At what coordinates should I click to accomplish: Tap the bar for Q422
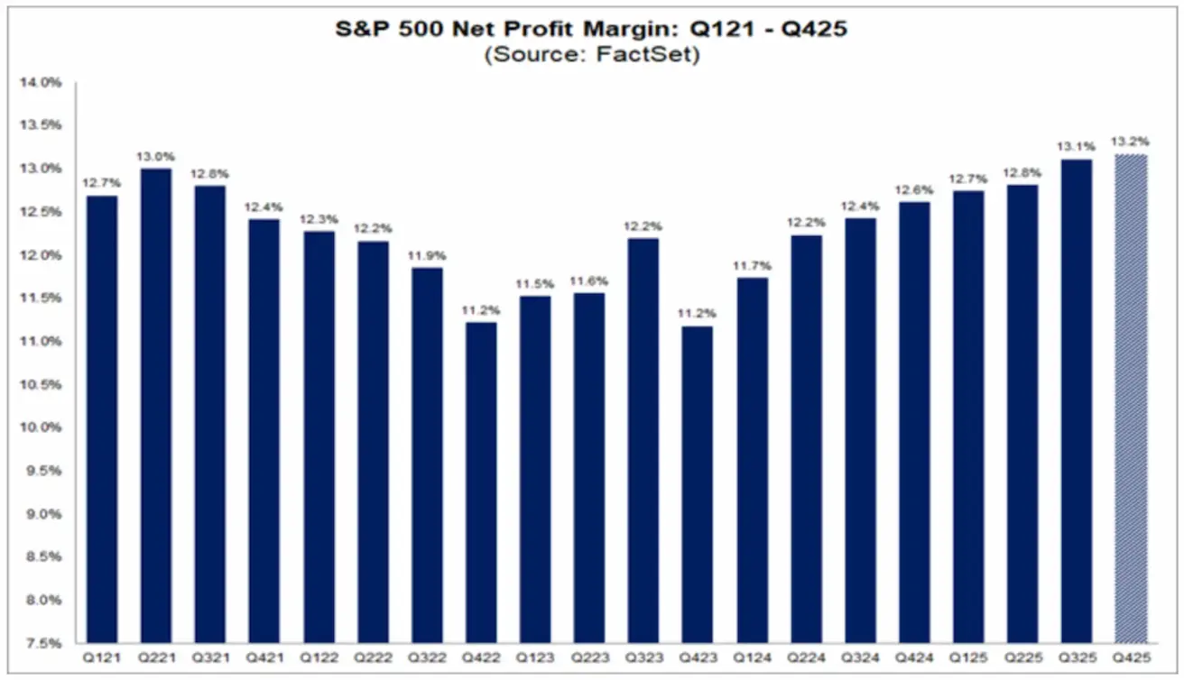pyautogui.click(x=480, y=482)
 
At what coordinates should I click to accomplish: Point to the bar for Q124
pyautogui.click(x=751, y=460)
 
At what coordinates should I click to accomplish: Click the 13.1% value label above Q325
pyautogui.click(x=1077, y=146)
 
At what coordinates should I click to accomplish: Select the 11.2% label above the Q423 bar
pyautogui.click(x=697, y=313)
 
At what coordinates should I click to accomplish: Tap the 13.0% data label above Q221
pyautogui.click(x=155, y=156)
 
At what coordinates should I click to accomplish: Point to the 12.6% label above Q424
pyautogui.click(x=913, y=189)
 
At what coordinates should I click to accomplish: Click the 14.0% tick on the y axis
pyautogui.click(x=43, y=83)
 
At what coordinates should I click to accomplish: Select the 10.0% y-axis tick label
pyautogui.click(x=43, y=427)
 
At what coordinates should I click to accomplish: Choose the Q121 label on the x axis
pyautogui.click(x=101, y=659)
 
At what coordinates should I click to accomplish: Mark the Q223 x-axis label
pyautogui.click(x=588, y=659)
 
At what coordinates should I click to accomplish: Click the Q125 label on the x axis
pyautogui.click(x=967, y=659)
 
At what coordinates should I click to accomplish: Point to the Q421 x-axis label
pyautogui.click(x=264, y=659)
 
